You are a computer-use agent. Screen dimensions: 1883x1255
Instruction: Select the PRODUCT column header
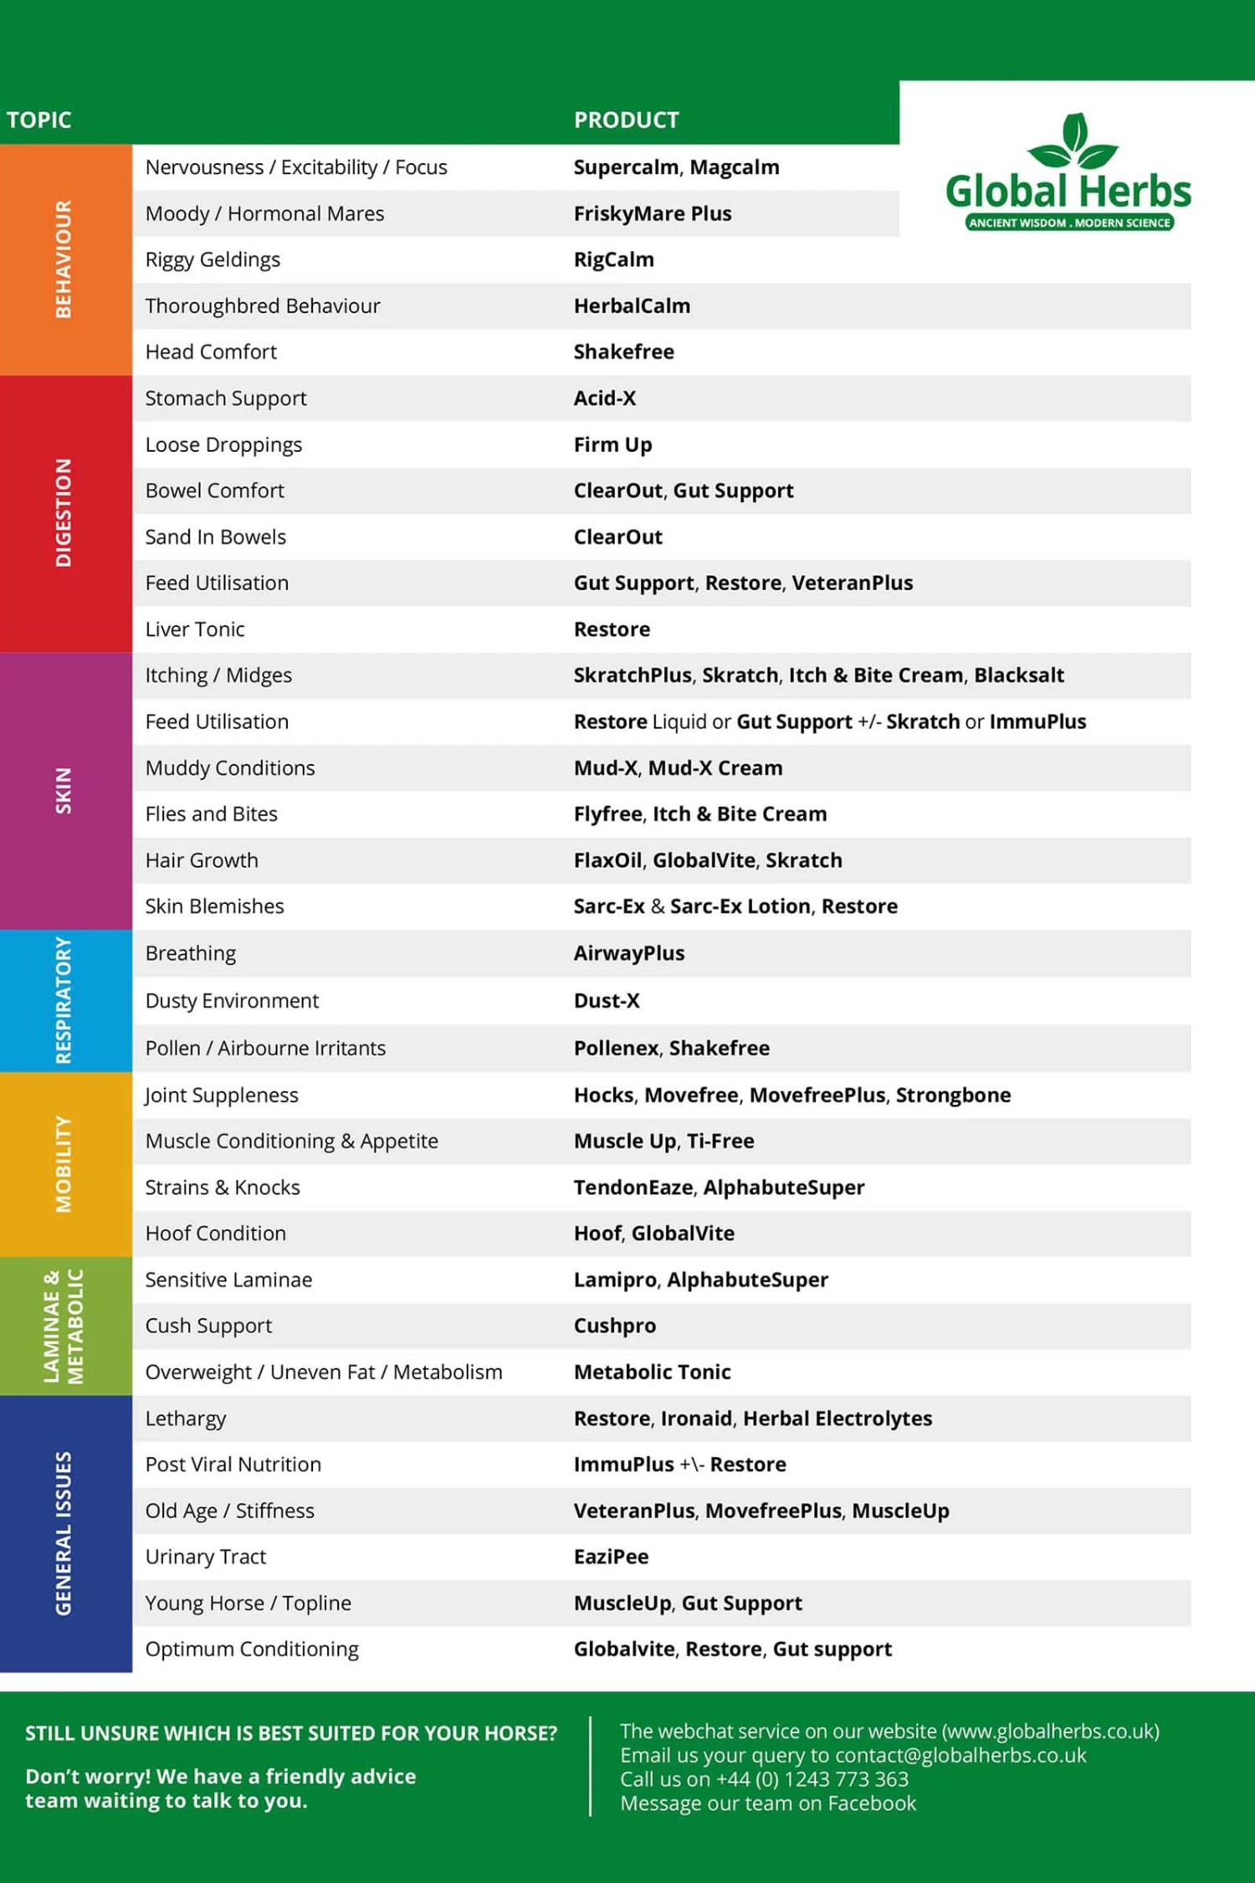pyautogui.click(x=626, y=121)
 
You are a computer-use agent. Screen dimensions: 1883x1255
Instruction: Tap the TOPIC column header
pyautogui.click(x=38, y=121)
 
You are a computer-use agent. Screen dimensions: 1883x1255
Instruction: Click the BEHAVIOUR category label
pyautogui.click(x=64, y=259)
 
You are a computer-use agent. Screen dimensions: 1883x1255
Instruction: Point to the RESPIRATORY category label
pyautogui.click(x=64, y=1000)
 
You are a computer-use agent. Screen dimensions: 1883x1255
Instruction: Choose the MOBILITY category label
pyautogui.click(x=64, y=1163)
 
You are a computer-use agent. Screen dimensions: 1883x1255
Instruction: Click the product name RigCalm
pyautogui.click(x=613, y=259)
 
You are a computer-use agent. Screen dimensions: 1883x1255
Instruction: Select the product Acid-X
pyautogui.click(x=604, y=398)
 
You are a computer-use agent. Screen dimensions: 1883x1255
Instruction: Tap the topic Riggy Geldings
pyautogui.click(x=213, y=259)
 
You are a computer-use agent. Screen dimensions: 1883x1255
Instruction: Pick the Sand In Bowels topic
pyautogui.click(x=215, y=537)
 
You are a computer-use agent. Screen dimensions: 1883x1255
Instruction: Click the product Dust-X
pyautogui.click(x=607, y=1001)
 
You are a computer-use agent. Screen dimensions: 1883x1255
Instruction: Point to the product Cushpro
pyautogui.click(x=614, y=1326)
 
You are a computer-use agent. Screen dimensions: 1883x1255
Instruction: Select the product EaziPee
pyautogui.click(x=611, y=1557)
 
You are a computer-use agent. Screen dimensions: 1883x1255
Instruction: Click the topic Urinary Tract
pyautogui.click(x=205, y=1557)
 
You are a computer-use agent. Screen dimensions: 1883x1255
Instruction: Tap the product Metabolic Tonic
pyautogui.click(x=652, y=1372)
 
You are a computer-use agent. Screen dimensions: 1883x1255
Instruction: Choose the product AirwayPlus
pyautogui.click(x=628, y=953)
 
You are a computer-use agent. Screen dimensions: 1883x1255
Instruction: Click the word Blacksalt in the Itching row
pyautogui.click(x=1018, y=675)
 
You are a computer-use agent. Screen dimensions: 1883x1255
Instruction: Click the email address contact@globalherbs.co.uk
pyautogui.click(x=960, y=1755)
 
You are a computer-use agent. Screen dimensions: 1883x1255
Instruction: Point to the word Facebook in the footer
pyautogui.click(x=871, y=1803)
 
